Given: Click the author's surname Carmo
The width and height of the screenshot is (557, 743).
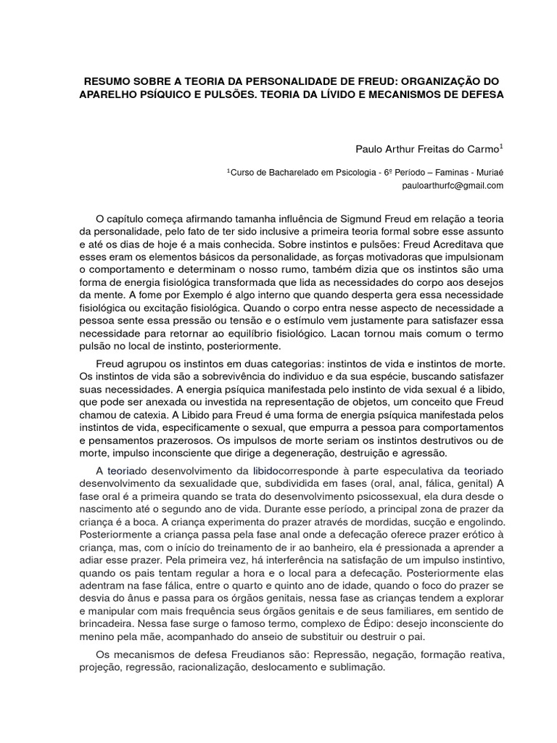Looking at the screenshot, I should point(482,149).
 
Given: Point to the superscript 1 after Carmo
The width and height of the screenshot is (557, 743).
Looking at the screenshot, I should point(501,146).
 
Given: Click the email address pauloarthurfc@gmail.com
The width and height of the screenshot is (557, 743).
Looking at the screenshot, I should point(453,186).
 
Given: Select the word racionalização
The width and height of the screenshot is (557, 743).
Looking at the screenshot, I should point(209,668).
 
